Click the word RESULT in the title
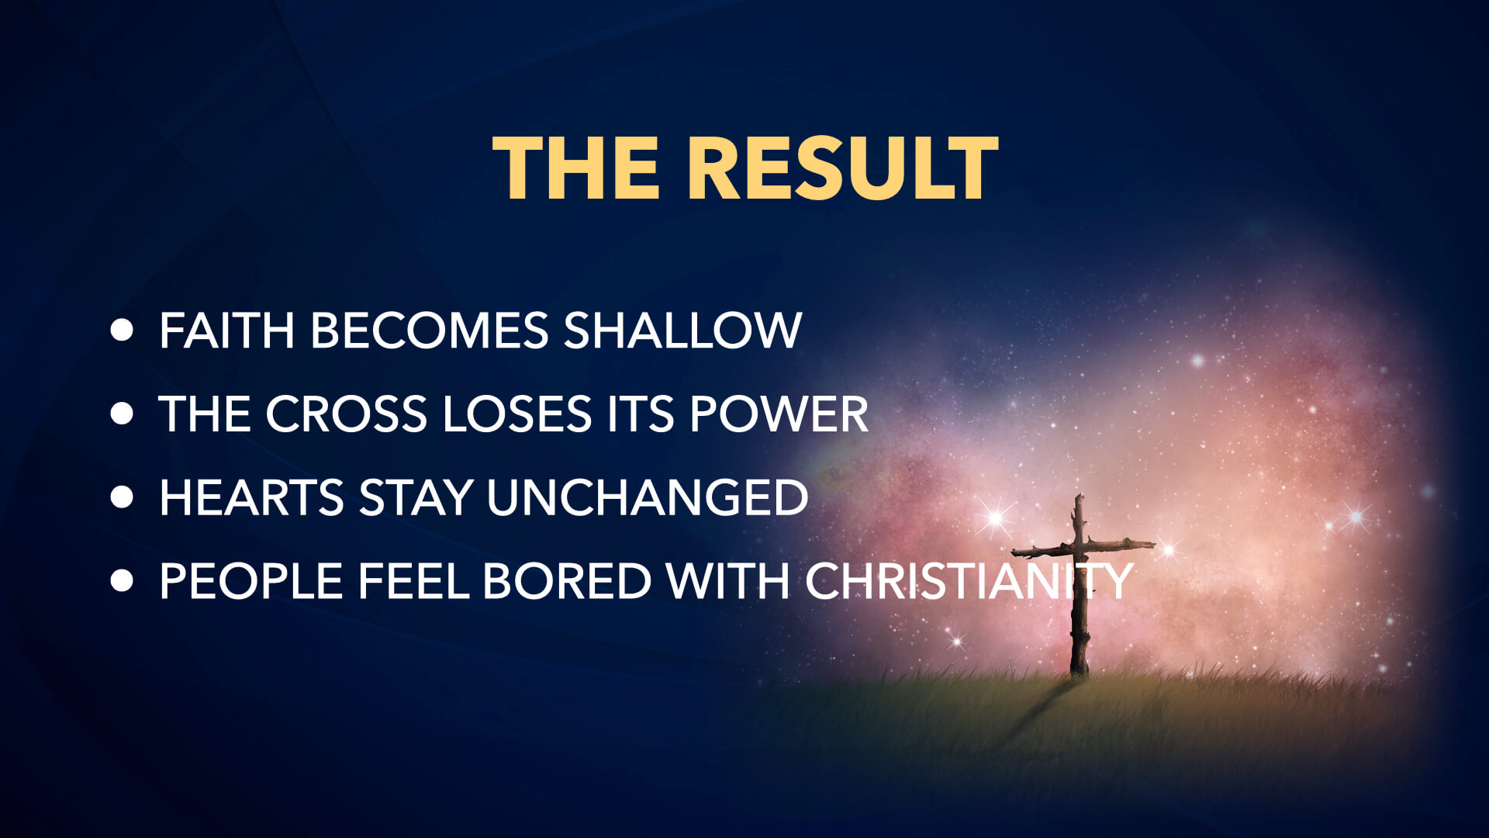coord(842,168)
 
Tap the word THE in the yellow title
coord(576,168)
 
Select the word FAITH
coord(226,331)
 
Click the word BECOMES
coord(430,331)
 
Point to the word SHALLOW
coord(682,331)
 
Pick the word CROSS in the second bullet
coord(346,414)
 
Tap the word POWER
coord(779,414)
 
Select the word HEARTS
coord(251,497)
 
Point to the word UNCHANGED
coord(648,497)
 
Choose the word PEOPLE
coord(250,581)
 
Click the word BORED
coord(567,581)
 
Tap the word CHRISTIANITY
coord(969,581)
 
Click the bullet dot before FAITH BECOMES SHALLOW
coord(122,330)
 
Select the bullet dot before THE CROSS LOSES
coord(122,414)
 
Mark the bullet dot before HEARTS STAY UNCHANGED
coord(122,497)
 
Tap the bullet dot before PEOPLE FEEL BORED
coord(122,581)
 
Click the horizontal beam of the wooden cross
coord(1083,548)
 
